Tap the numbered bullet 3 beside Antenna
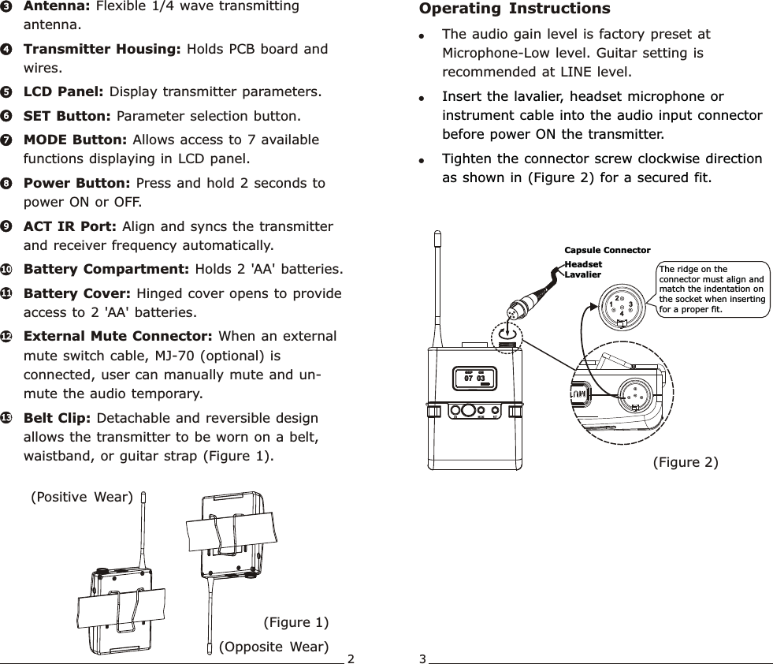tap(6, 6)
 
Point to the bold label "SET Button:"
tap(68, 117)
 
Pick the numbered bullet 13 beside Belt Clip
tap(6, 418)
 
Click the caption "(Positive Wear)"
tap(81, 497)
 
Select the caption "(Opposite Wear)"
tap(273, 647)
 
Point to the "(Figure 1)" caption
tap(295, 623)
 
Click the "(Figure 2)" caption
tap(686, 462)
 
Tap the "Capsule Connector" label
tap(608, 251)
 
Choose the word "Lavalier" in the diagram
tap(583, 274)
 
